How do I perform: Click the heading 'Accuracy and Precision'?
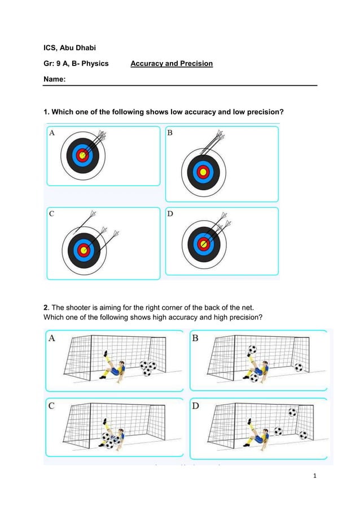click(172, 64)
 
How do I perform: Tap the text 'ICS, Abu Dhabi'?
click(69, 47)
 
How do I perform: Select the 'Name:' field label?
click(55, 80)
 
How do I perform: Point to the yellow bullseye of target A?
click(82, 155)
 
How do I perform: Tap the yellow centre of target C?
click(84, 250)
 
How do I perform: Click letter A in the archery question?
click(52, 133)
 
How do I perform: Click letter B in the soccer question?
click(195, 338)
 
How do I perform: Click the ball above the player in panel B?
click(252, 350)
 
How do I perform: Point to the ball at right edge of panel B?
click(298, 367)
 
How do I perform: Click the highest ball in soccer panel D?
click(292, 413)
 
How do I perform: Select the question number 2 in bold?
click(46, 308)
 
